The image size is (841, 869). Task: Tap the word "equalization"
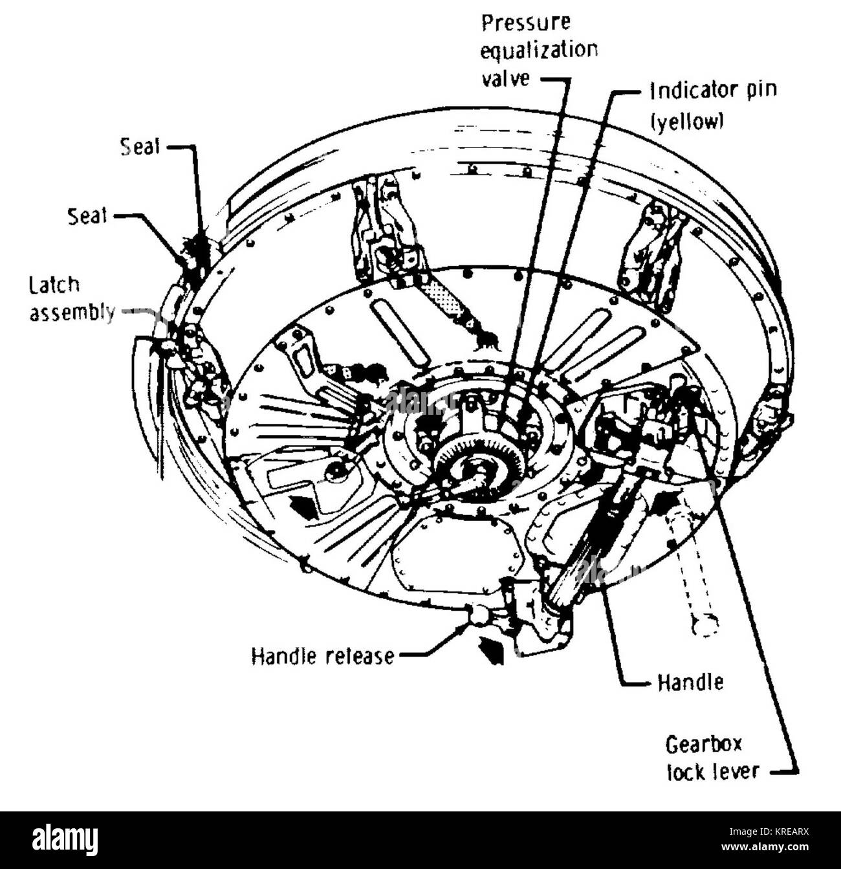pyautogui.click(x=539, y=50)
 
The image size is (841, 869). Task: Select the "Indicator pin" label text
pyautogui.click(x=712, y=91)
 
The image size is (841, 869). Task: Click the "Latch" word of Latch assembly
pyautogui.click(x=54, y=285)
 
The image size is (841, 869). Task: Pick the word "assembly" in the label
pyautogui.click(x=72, y=313)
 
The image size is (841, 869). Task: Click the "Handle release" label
pyautogui.click(x=322, y=656)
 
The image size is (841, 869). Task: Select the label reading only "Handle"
pyautogui.click(x=690, y=683)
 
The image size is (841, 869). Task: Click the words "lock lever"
pyautogui.click(x=712, y=771)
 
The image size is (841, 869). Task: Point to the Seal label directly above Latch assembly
pyautogui.click(x=87, y=215)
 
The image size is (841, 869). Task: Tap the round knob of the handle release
pyautogui.click(x=479, y=615)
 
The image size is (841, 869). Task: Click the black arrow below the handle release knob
pyautogui.click(x=492, y=650)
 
